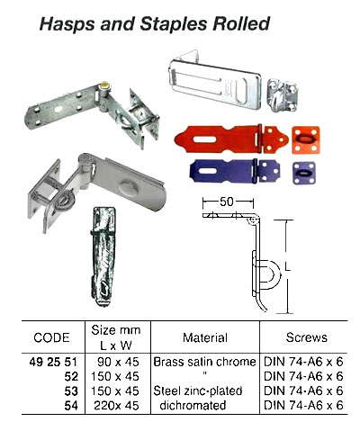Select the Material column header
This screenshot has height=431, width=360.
click(204, 338)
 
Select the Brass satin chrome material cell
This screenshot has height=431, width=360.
click(204, 360)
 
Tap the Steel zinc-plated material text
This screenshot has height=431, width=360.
click(204, 391)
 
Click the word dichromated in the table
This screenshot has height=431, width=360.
click(204, 406)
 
